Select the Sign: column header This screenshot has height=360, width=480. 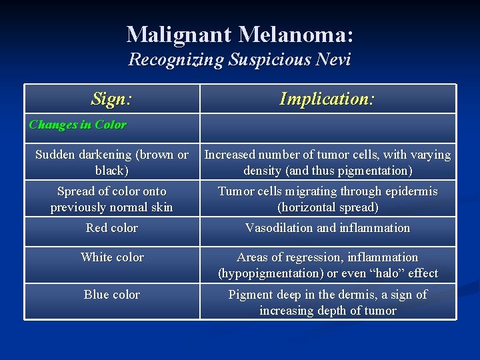pos(112,99)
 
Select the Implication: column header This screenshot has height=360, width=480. pos(327,99)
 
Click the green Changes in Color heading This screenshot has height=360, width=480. pos(77,125)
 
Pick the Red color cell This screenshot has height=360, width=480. pos(112,228)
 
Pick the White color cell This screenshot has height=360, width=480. pos(112,257)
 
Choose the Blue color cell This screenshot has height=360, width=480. pos(112,295)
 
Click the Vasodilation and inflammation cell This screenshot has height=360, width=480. pos(327,228)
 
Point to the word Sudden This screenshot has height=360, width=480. pos(54,155)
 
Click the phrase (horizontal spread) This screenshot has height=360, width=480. pos(327,207)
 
